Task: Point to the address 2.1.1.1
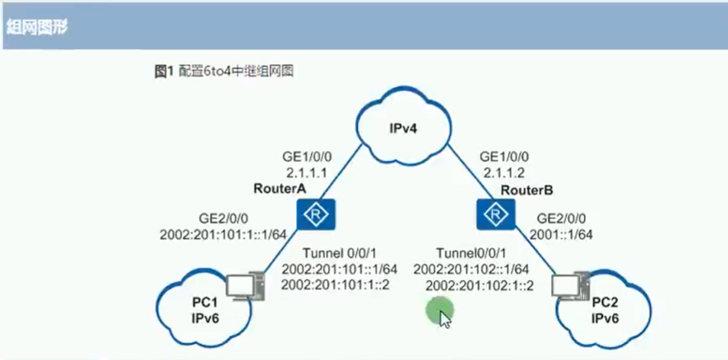pos(308,172)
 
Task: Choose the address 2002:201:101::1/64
pos(340,268)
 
